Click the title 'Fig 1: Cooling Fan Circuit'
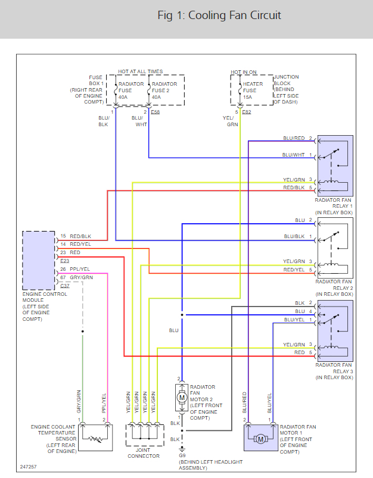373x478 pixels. tap(219, 15)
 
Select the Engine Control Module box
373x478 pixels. tap(39, 260)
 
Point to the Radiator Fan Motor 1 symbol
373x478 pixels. tap(260, 438)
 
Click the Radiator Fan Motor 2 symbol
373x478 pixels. tap(182, 396)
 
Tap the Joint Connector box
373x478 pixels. tap(144, 435)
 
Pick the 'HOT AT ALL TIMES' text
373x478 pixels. tap(140, 72)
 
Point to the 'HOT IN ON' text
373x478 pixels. tap(245, 72)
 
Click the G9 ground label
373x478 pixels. tap(182, 455)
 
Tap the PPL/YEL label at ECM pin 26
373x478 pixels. tap(80, 268)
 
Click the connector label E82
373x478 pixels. tap(247, 112)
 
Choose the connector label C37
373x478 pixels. tap(65, 286)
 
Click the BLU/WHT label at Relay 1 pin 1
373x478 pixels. tap(294, 155)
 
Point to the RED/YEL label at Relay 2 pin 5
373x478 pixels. tap(294, 270)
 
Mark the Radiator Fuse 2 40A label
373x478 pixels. tap(164, 90)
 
